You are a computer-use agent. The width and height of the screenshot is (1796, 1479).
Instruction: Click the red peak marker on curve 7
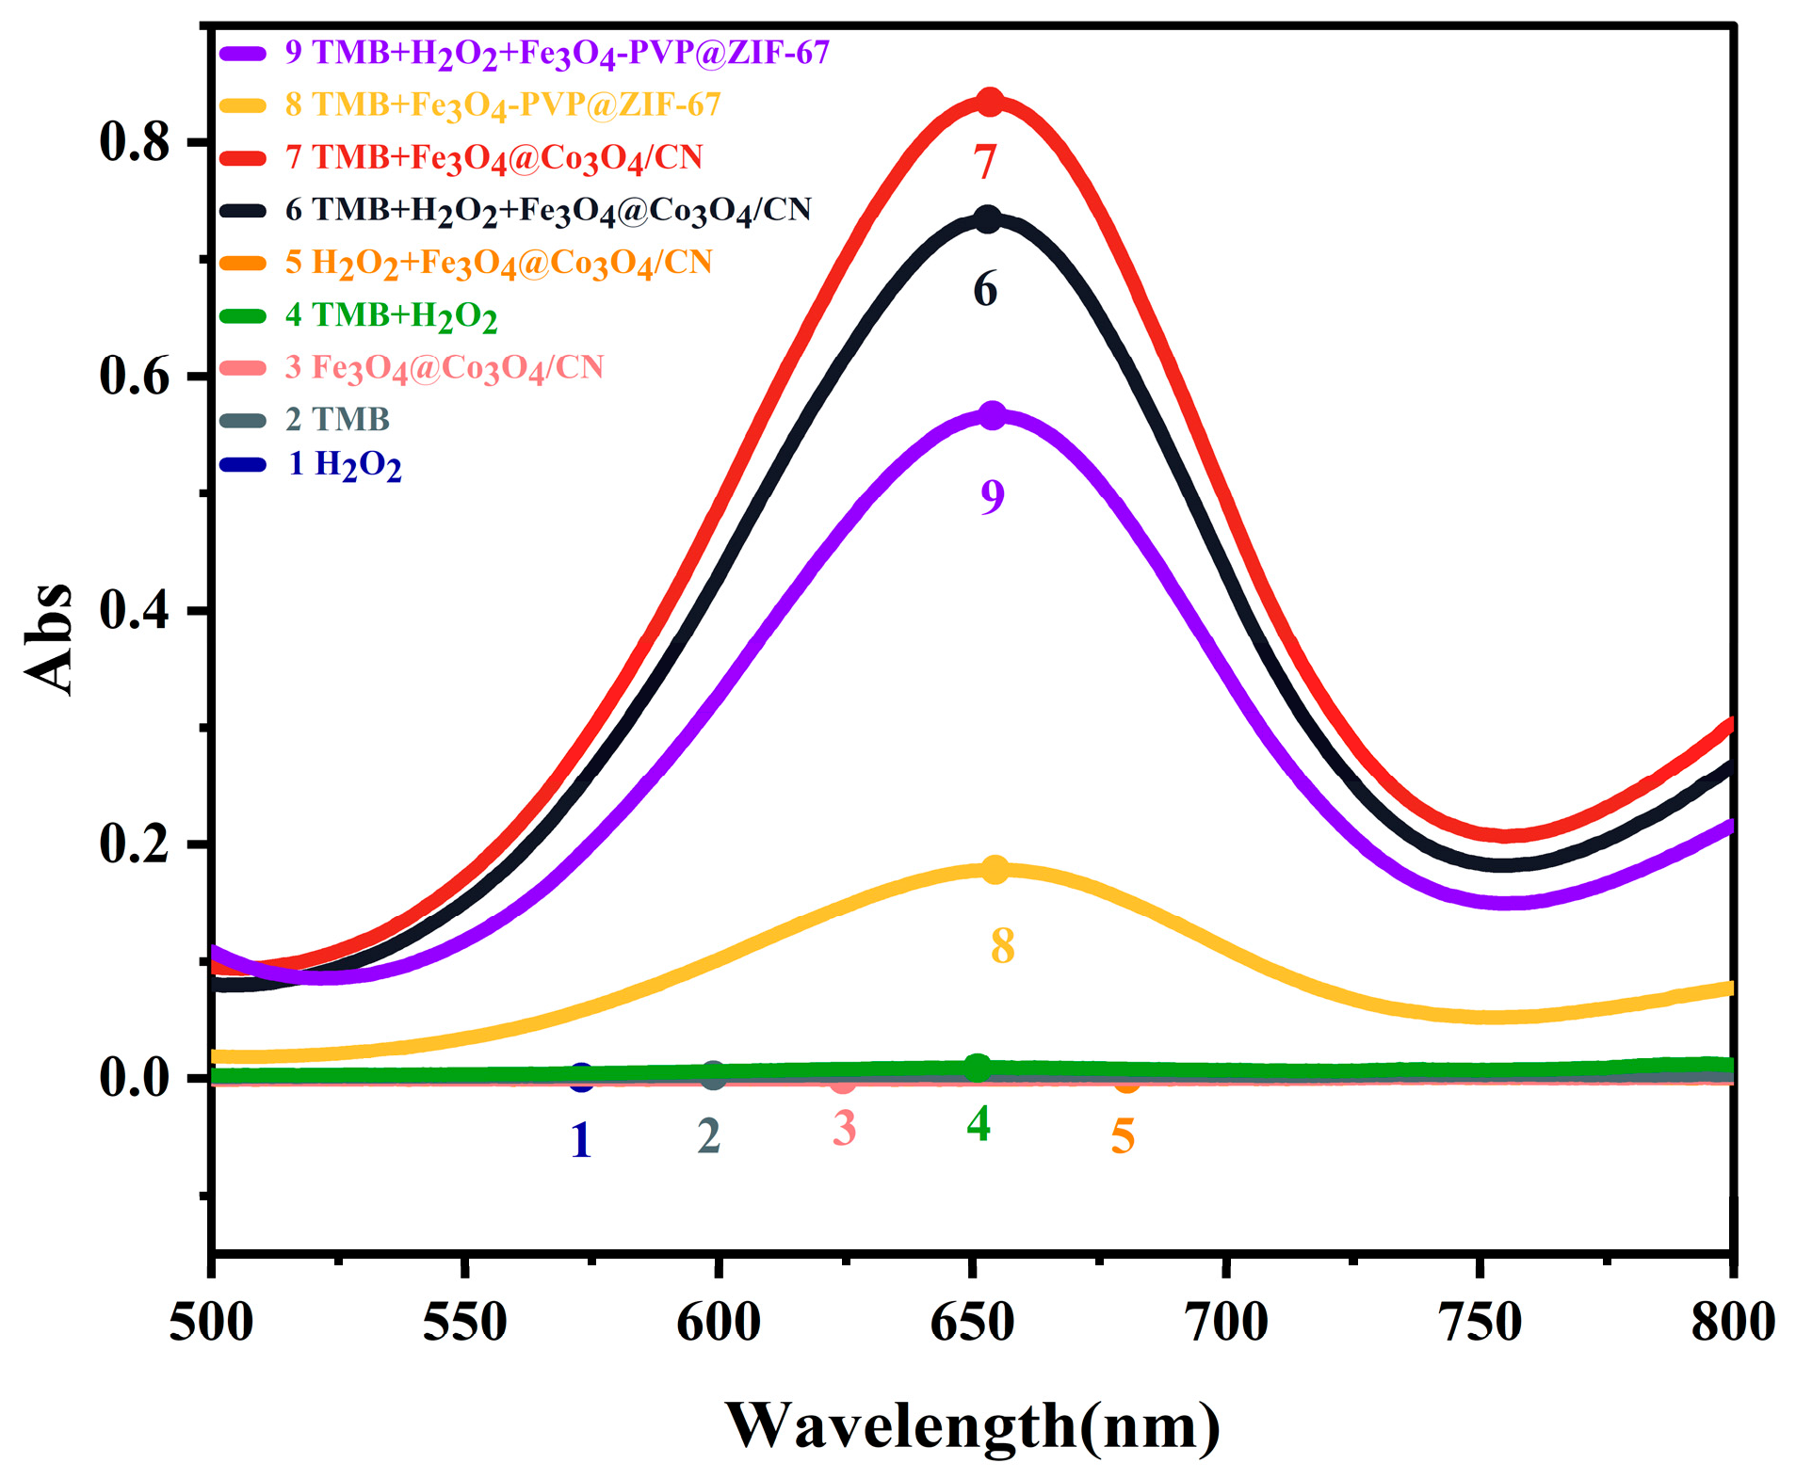(x=988, y=102)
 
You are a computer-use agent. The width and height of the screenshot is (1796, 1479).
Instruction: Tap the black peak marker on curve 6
(x=986, y=219)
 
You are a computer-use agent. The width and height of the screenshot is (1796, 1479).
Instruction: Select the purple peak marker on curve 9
(x=993, y=415)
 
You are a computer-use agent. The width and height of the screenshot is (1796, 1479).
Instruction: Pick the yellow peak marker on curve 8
(x=995, y=869)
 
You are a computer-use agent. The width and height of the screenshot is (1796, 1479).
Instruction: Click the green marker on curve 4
(x=978, y=1067)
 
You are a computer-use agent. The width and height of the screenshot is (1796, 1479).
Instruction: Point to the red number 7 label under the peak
(x=985, y=162)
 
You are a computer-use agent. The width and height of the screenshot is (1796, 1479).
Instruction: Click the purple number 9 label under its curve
(x=993, y=496)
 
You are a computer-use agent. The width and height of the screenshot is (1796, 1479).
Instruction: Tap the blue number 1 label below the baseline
(x=581, y=1140)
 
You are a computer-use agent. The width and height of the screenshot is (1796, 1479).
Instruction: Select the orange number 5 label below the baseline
(x=1123, y=1136)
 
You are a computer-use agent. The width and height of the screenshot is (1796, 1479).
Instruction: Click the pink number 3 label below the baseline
(x=844, y=1128)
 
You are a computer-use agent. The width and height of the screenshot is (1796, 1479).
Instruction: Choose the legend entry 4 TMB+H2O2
(x=391, y=315)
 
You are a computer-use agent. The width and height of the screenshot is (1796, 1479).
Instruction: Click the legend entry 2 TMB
(x=337, y=419)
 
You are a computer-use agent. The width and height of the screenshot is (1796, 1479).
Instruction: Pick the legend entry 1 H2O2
(x=345, y=464)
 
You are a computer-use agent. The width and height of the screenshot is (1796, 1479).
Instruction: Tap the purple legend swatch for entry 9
(x=243, y=53)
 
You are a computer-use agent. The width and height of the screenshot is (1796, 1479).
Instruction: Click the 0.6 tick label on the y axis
(x=135, y=376)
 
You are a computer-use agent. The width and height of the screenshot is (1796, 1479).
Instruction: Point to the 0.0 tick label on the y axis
(x=135, y=1077)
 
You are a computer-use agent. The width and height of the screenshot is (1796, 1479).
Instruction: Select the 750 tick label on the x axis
(x=1480, y=1322)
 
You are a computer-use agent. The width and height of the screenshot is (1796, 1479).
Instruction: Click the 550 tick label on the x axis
(x=465, y=1322)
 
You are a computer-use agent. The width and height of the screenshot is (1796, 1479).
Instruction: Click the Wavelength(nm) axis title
(x=972, y=1424)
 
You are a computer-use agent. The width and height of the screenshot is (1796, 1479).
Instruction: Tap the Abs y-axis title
(x=49, y=638)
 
